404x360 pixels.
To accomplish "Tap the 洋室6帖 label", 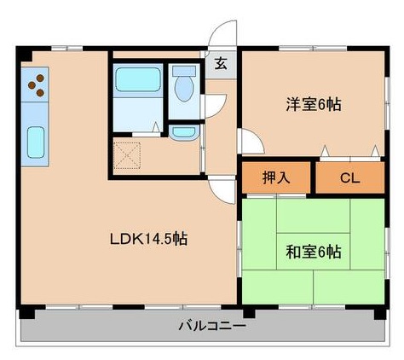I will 313,105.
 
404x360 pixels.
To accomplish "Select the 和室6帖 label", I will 313,252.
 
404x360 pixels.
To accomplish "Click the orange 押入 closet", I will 275,178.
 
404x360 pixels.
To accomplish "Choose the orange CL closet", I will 349,178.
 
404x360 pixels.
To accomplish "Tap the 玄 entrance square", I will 221,63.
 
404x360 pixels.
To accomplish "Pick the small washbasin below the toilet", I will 182,132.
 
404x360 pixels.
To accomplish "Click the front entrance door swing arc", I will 221,36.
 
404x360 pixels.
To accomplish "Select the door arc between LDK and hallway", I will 221,189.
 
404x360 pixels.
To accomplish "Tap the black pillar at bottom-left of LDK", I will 26,300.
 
